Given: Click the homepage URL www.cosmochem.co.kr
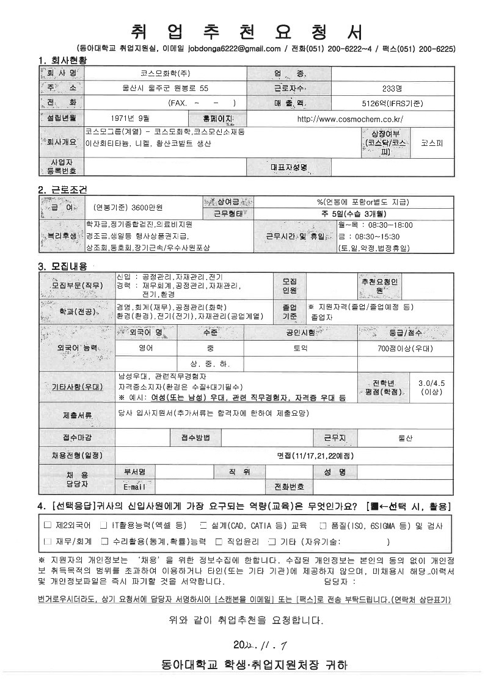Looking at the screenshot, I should tap(349, 118).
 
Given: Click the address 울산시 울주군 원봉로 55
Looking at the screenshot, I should tap(166, 89).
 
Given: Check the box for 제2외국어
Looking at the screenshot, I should tap(48, 525).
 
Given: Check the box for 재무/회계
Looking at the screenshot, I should tap(48, 542).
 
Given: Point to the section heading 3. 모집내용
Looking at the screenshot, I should tap(62, 266).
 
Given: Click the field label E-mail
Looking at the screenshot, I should tap(134, 487).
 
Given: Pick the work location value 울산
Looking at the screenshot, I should tap(405, 438).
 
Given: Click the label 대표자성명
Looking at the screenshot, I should tap(288, 167).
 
